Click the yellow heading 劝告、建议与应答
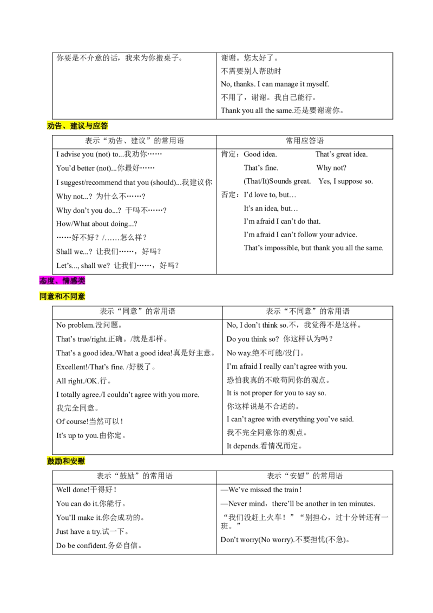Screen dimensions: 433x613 coord(77,126)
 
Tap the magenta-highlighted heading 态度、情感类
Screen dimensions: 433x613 coord(62,281)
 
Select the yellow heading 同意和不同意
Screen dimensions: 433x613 coord(62,296)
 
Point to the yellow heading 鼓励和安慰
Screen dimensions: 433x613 coord(66,461)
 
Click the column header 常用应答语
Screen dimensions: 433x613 coord(304,141)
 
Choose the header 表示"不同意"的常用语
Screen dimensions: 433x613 coord(307,311)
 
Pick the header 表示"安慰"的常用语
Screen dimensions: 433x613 coord(304,476)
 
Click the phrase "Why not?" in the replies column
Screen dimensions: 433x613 coord(331,168)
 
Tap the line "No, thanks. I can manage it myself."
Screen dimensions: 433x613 coord(275,84)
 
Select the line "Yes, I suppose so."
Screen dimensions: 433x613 coord(345,181)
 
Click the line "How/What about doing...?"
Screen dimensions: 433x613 coord(96,224)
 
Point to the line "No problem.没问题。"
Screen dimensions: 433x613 coord(89,325)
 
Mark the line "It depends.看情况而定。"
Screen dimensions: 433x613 coord(265,446)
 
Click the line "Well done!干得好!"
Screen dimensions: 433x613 coord(87,490)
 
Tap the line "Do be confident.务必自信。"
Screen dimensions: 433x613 coord(99,546)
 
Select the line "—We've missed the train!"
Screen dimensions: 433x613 coord(261,490)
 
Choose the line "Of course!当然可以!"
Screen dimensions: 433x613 coord(90,421)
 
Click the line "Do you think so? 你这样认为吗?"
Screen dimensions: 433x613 coord(280,339)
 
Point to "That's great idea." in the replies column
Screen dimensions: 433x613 coord(342,154)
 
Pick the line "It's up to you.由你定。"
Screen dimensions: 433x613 coord(91,435)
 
